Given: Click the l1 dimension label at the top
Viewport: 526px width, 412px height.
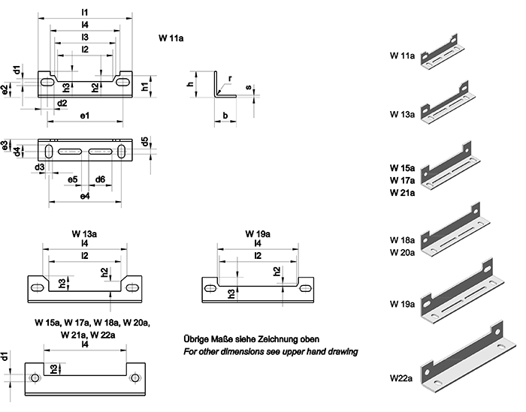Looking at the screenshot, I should click(x=84, y=12).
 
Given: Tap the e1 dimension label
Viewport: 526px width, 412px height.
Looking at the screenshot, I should click(x=84, y=116).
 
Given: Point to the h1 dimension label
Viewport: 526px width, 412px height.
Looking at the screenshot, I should click(x=145, y=86).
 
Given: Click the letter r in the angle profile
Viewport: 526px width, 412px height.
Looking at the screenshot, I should click(x=230, y=78).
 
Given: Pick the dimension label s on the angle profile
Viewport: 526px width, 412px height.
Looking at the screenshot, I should click(x=249, y=88).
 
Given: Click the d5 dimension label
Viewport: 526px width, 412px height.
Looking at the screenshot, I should click(x=144, y=140).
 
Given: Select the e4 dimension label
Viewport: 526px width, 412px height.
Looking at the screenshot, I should click(x=84, y=196).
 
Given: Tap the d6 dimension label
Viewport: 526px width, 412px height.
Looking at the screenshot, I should click(x=100, y=179).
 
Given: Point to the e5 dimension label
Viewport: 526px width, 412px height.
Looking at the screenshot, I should click(x=72, y=179).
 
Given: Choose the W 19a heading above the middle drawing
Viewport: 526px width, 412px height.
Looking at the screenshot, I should click(x=257, y=233).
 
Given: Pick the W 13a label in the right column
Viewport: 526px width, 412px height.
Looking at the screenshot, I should click(x=404, y=114).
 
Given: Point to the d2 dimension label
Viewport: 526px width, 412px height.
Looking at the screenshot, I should click(x=62, y=103).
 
